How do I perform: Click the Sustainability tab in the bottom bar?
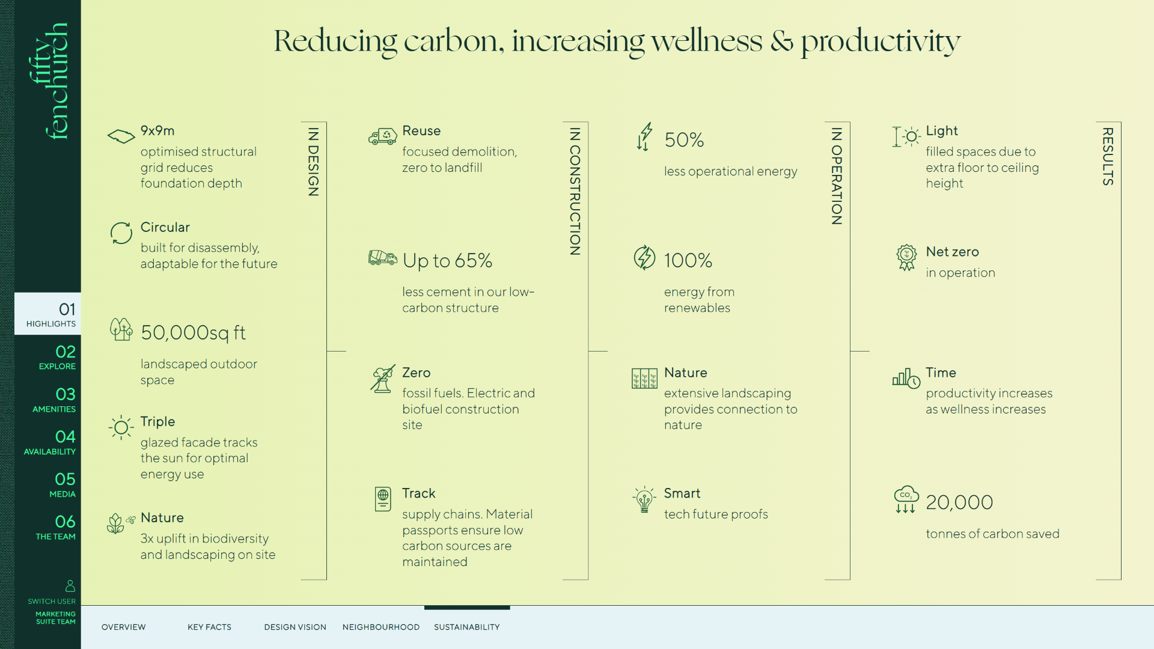pos(467,627)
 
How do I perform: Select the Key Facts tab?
pos(209,627)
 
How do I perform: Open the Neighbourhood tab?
pos(381,627)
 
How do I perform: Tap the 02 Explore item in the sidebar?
pos(58,356)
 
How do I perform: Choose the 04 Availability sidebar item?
pos(50,442)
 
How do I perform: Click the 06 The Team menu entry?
pos(56,527)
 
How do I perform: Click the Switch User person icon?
pos(70,586)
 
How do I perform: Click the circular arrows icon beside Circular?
pos(121,233)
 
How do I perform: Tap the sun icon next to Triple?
pos(121,427)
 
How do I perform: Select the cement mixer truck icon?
pos(383,258)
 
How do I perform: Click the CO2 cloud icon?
pos(906,499)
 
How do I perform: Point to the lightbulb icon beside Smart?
pos(644,499)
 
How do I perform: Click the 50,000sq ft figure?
pos(194,333)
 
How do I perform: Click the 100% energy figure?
pos(688,260)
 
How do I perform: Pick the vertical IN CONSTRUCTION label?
pos(575,192)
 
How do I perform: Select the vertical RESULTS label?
pos(1108,156)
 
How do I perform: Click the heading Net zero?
pos(953,252)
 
